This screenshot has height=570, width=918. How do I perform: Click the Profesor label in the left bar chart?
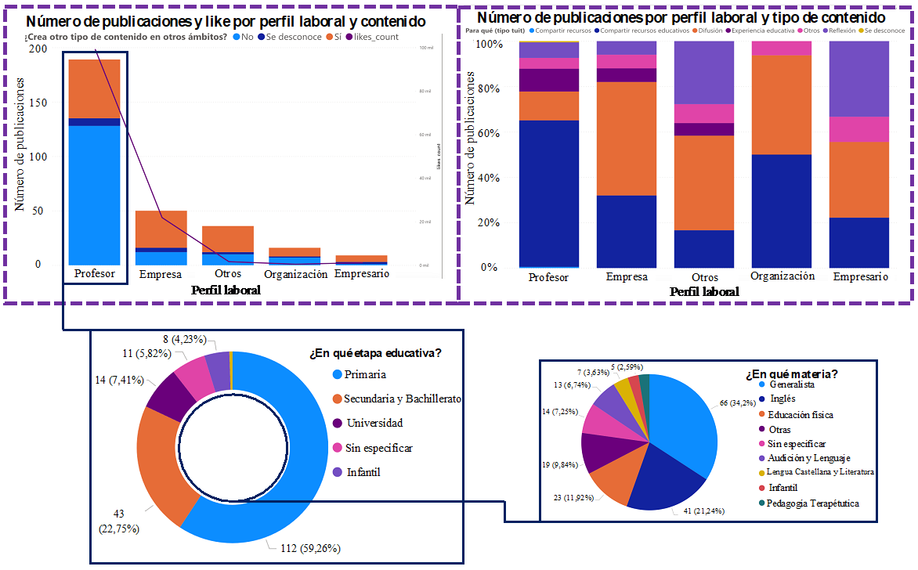pos(94,274)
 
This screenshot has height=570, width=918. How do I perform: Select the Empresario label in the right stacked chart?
pos(860,276)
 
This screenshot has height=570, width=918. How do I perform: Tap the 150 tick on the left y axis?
pos(36,103)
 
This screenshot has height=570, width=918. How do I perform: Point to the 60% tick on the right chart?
pos(488,133)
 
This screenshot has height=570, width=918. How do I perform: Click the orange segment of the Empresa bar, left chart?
pos(161,228)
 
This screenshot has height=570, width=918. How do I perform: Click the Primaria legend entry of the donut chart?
pos(365,376)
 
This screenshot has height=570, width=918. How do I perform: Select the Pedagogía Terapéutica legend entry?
pos(812,503)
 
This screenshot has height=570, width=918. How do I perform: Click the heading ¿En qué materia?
pos(791,374)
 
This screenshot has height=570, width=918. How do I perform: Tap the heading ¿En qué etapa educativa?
pos(376,354)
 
